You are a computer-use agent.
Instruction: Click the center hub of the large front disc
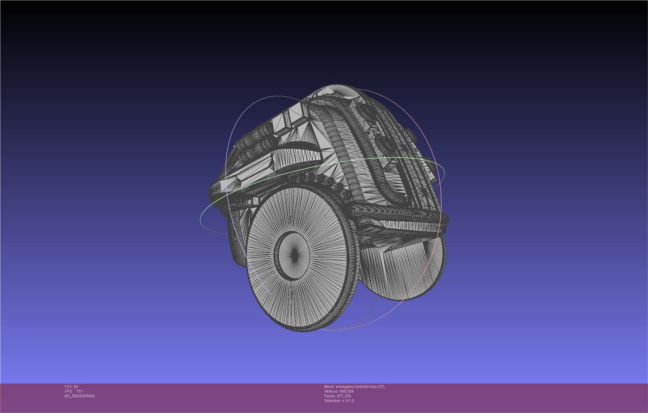point(294,255)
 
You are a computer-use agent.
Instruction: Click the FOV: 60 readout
point(71,387)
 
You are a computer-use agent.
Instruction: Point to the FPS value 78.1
point(80,391)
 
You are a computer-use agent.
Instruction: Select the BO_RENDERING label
point(80,396)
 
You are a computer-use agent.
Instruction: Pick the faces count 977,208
point(344,396)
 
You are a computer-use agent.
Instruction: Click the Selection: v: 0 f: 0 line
point(339,401)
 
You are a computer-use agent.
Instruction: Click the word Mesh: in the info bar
point(329,387)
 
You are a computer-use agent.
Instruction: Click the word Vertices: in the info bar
point(331,391)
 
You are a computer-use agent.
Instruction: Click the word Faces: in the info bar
point(330,396)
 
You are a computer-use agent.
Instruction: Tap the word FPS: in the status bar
point(68,391)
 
